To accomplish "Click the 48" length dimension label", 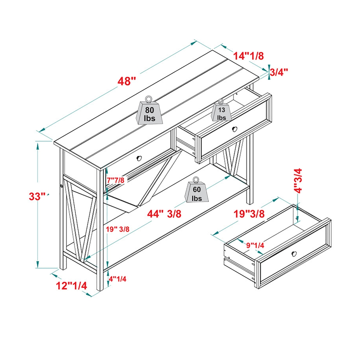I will [127, 81].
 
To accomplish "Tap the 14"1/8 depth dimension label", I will [248, 56].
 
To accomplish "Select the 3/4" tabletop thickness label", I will [278, 72].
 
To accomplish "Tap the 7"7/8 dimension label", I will [115, 180].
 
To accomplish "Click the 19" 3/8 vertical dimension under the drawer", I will [118, 229].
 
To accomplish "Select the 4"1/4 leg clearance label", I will [118, 279].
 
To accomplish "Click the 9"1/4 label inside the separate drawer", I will [255, 245].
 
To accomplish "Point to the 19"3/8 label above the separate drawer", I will [249, 214].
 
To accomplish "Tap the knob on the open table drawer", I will [235, 129].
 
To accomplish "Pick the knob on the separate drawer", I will [294, 253].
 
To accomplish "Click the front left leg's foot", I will [100, 287].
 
